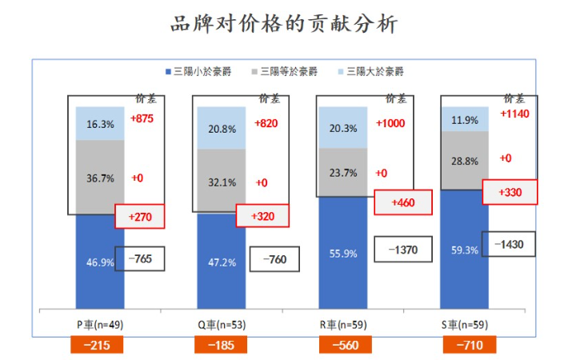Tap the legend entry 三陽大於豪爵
(371, 72)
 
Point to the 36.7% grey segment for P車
(100, 177)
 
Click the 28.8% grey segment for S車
(465, 161)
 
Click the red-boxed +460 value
(404, 202)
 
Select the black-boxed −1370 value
(403, 250)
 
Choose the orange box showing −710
(470, 345)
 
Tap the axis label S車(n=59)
(466, 325)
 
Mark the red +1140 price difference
(515, 114)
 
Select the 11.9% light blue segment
(465, 120)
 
